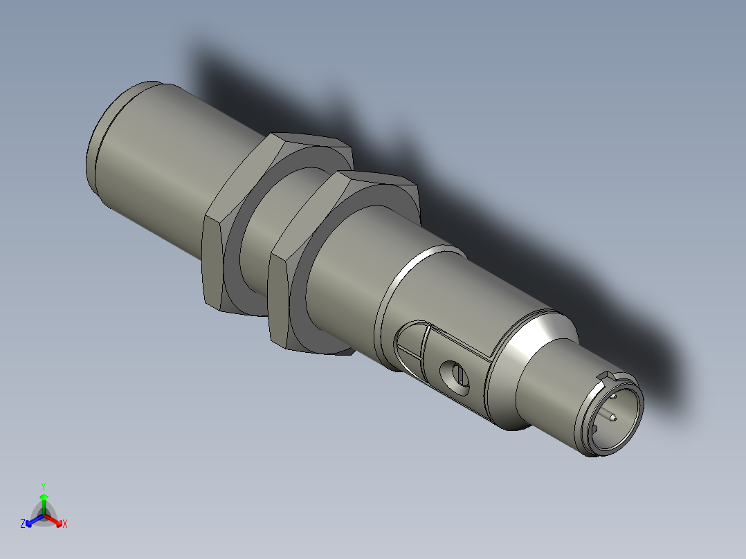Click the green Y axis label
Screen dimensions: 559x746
point(44,486)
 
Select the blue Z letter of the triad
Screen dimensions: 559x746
point(23,524)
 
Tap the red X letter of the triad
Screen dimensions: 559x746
point(65,524)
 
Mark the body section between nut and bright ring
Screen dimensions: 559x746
point(353,277)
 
